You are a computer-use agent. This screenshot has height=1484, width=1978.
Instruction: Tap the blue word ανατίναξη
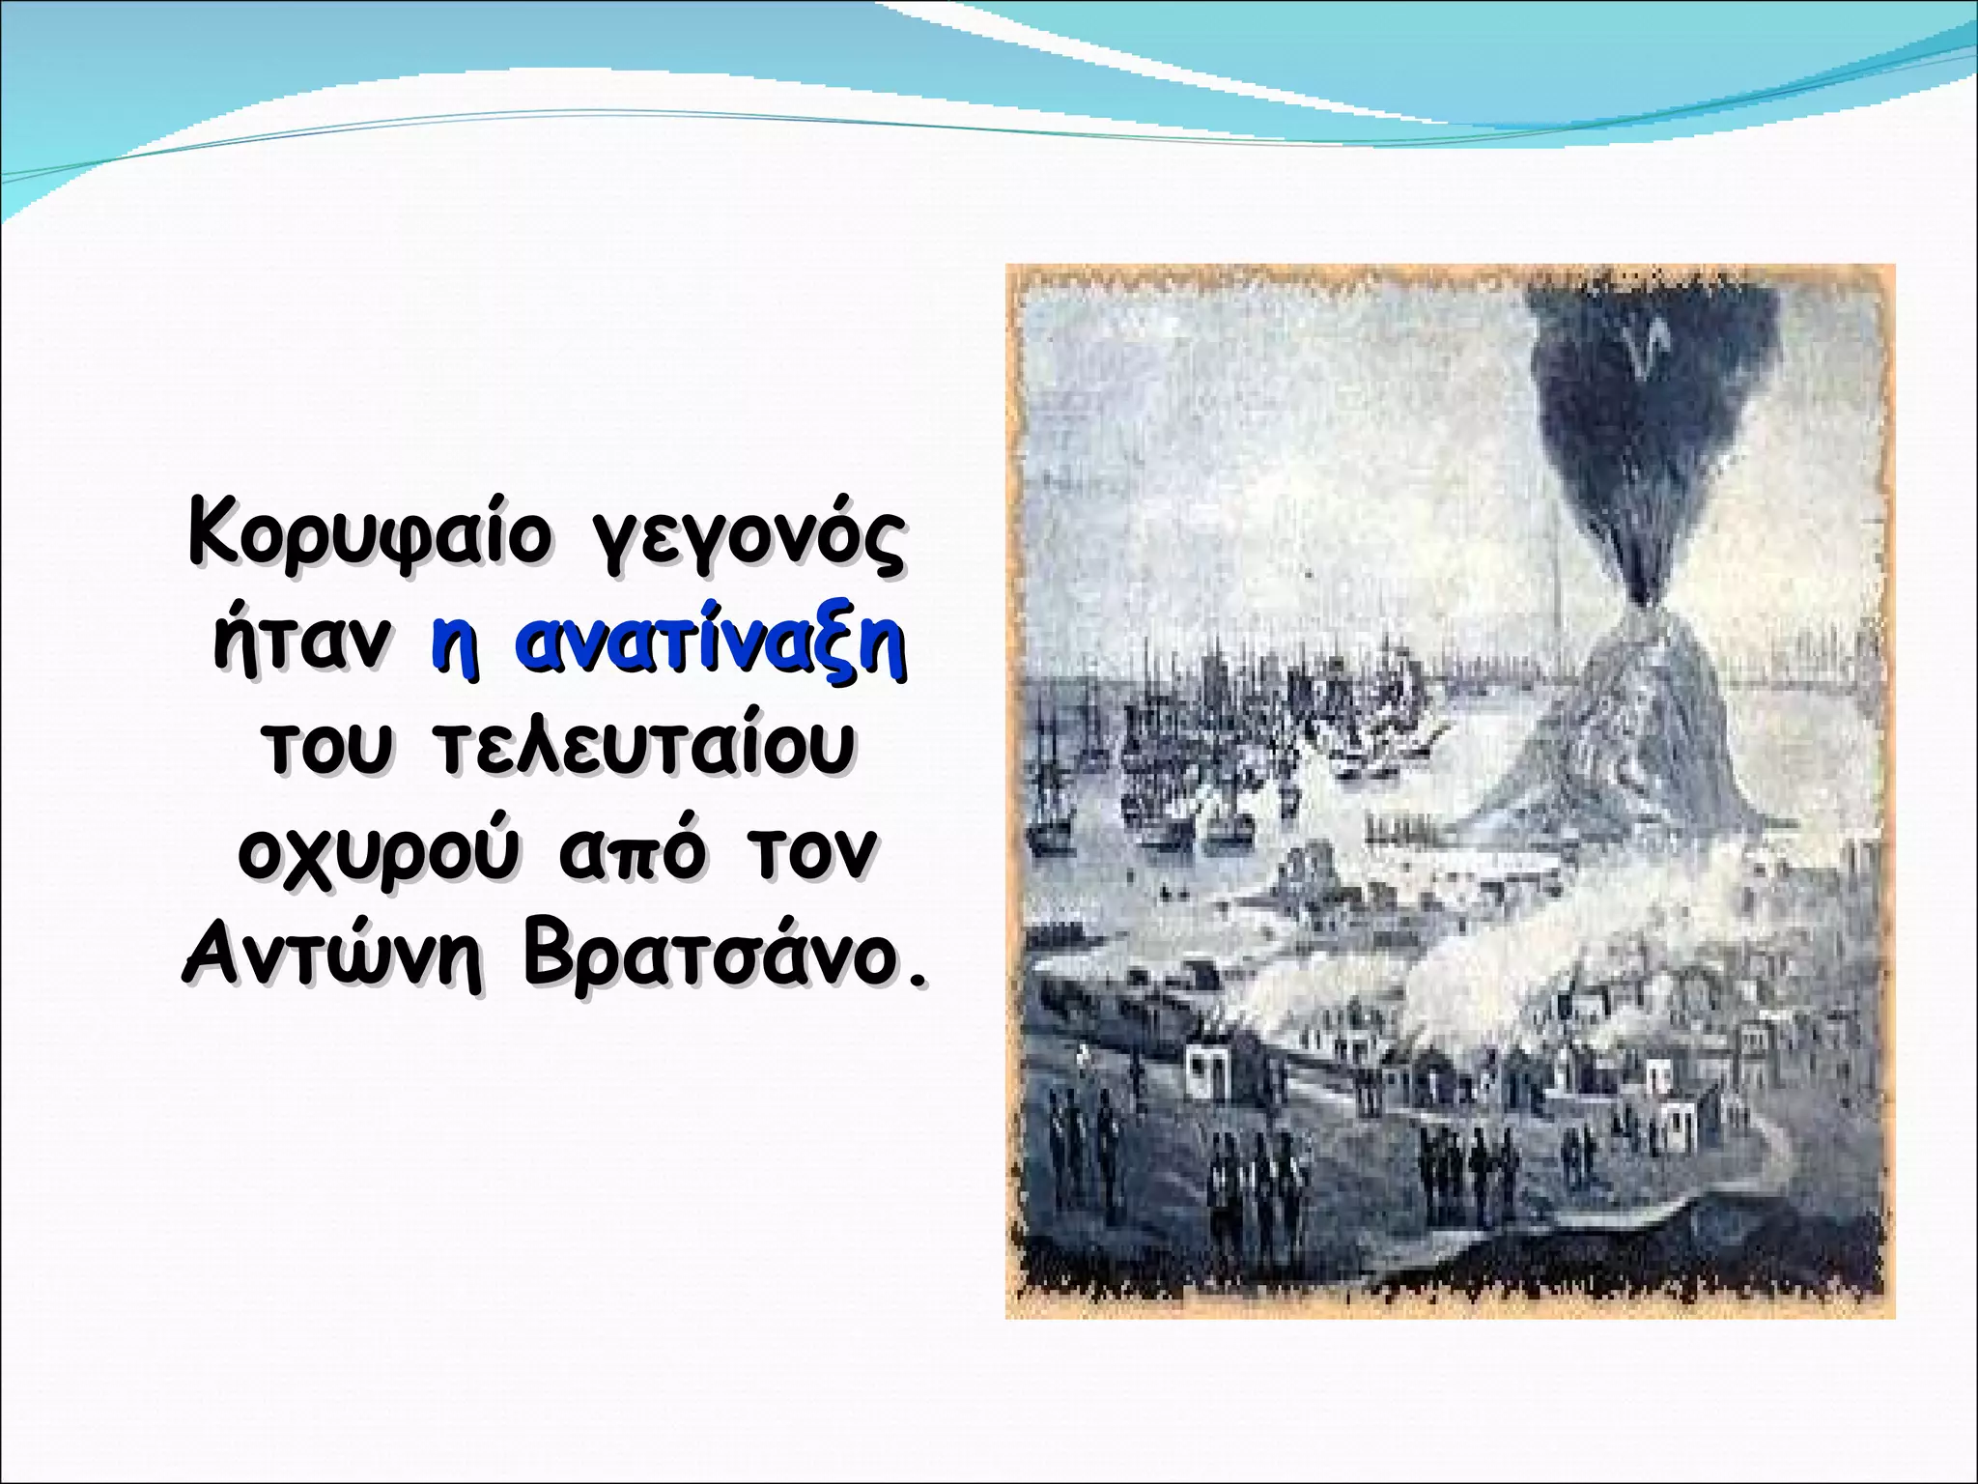coord(709,644)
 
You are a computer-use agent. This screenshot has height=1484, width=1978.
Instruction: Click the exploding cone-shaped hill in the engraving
coord(1632,734)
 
